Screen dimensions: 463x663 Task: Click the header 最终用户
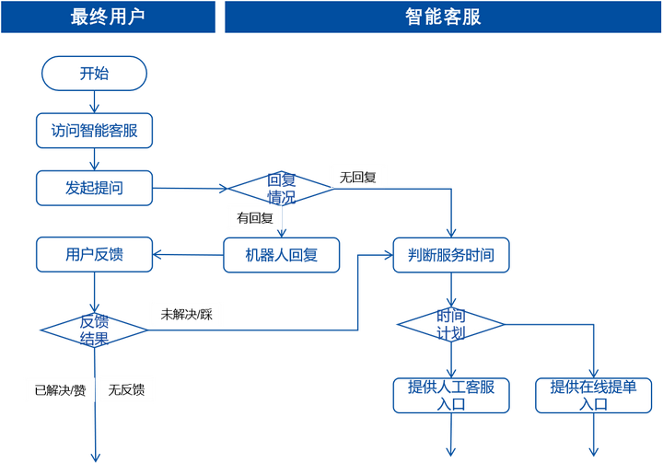(x=109, y=17)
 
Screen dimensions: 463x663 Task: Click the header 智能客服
(x=442, y=17)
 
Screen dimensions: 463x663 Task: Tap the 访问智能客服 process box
(x=94, y=131)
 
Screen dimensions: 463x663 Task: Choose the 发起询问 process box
(x=94, y=189)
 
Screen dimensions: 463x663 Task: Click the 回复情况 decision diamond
(x=280, y=189)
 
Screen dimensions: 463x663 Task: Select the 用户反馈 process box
(x=94, y=255)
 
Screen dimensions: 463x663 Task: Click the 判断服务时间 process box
(x=450, y=255)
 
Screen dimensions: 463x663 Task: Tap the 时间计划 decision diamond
(x=450, y=324)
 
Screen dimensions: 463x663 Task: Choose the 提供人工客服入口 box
(x=450, y=394)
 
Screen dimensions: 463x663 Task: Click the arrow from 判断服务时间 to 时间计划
(x=450, y=292)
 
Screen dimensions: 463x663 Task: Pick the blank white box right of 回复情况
(x=358, y=175)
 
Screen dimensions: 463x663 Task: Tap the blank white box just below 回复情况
(x=253, y=217)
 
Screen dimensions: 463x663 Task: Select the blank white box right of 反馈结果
(x=186, y=314)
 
